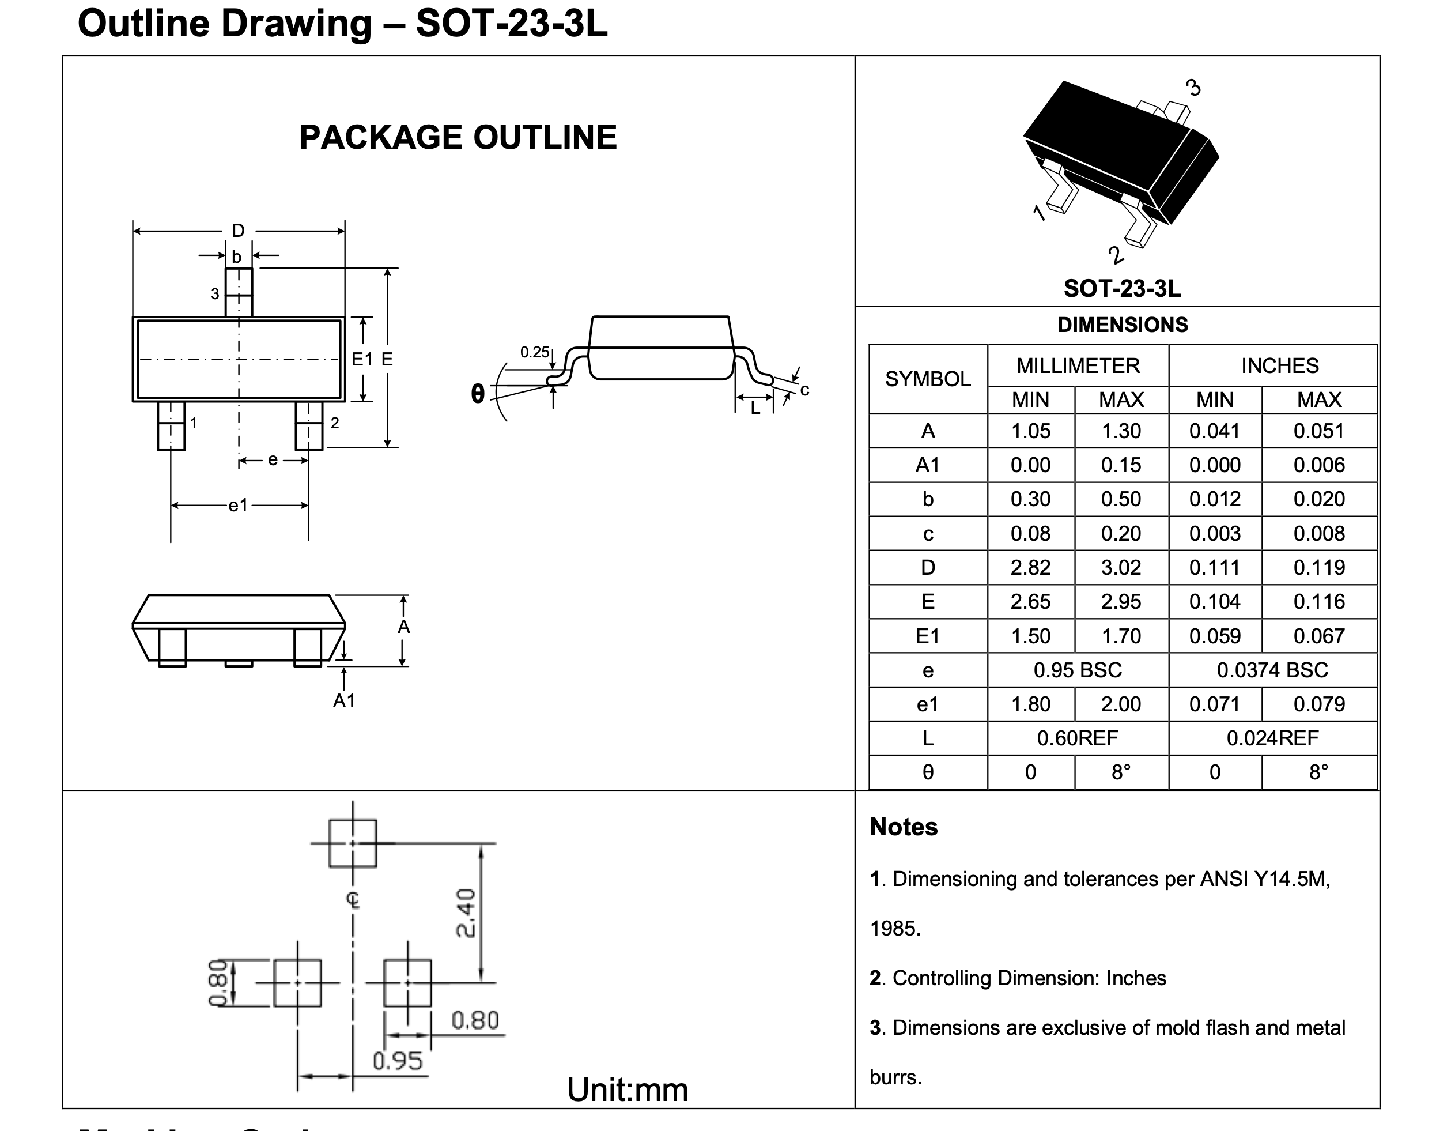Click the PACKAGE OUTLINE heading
coord(458,137)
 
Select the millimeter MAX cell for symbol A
coord(1121,431)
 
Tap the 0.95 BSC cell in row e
coord(1078,670)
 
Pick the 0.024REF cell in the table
coord(1272,738)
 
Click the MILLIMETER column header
coord(1078,365)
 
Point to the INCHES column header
coord(1279,365)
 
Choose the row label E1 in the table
coord(927,636)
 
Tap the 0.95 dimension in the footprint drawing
coord(397,1061)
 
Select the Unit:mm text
coord(628,1089)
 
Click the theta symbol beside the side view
coord(477,394)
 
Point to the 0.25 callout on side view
coord(534,352)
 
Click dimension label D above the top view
coord(238,231)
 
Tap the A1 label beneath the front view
coord(344,700)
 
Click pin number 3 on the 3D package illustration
coord(1193,88)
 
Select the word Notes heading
coord(904,827)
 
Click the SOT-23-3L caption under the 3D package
coord(1123,288)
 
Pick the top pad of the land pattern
coord(353,843)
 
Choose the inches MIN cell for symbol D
coord(1214,567)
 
